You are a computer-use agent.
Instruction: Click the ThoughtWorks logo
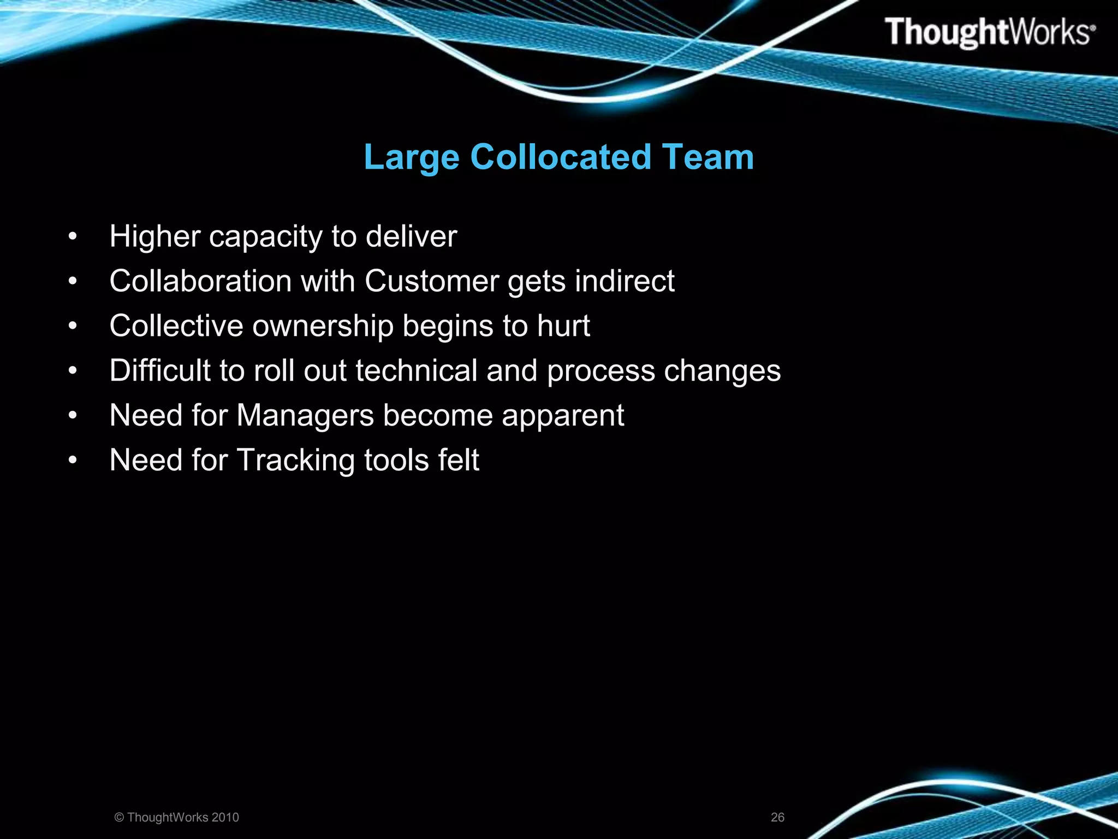(x=990, y=32)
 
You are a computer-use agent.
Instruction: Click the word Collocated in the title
(x=561, y=157)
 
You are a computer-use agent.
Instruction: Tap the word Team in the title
(x=708, y=157)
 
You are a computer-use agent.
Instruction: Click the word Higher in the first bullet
(x=155, y=237)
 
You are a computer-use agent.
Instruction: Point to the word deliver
(x=411, y=237)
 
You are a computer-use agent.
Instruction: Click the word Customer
(x=432, y=281)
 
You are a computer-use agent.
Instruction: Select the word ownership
(x=323, y=327)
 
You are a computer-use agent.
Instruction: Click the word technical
(x=417, y=371)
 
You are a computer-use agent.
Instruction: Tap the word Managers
(x=305, y=416)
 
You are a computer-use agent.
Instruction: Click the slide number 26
(x=777, y=817)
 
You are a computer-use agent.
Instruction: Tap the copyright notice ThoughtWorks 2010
(x=177, y=817)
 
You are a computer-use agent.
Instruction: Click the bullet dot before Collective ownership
(x=73, y=327)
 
